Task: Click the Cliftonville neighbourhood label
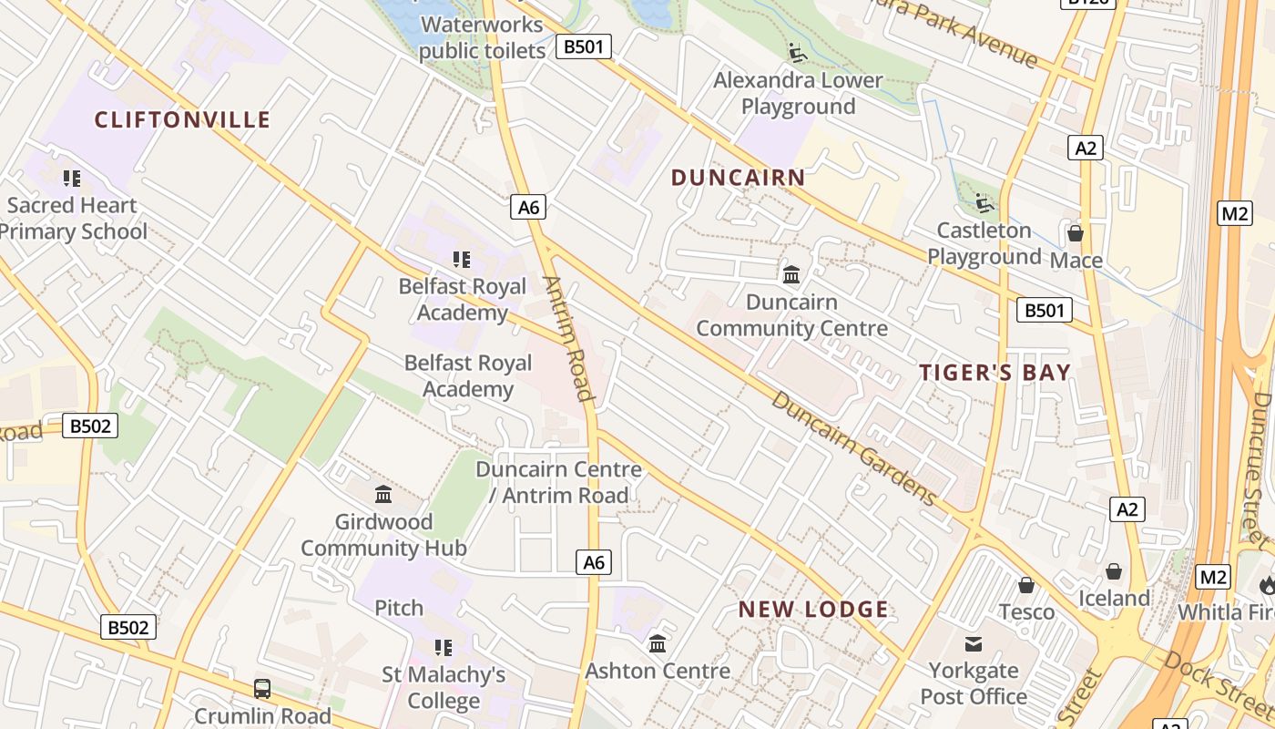click(x=182, y=119)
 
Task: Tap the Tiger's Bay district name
click(x=994, y=372)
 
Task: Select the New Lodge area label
click(x=812, y=610)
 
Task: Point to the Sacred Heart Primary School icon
click(x=72, y=179)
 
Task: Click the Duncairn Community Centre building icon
click(x=791, y=274)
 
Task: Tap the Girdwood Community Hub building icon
click(x=383, y=495)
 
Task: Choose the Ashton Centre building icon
click(x=658, y=644)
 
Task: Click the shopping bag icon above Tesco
click(x=1026, y=585)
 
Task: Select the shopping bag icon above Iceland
click(x=1113, y=572)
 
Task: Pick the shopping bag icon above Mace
click(x=1076, y=233)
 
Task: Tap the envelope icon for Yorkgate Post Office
click(x=974, y=644)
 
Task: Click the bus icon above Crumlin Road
click(x=262, y=689)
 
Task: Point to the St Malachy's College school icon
click(x=444, y=648)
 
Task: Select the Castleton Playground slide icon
click(x=984, y=202)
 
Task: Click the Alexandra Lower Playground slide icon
click(x=798, y=53)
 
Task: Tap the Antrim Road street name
click(x=569, y=338)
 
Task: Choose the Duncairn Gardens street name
click(x=852, y=448)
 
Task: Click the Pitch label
click(x=399, y=608)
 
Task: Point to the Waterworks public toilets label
click(x=482, y=37)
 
